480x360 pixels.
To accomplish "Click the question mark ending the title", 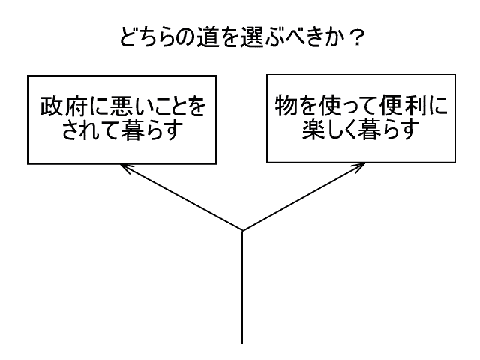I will tap(357, 37).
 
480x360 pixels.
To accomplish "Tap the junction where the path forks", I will tap(241, 230).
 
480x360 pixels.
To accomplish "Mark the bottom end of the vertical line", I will tap(241, 342).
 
